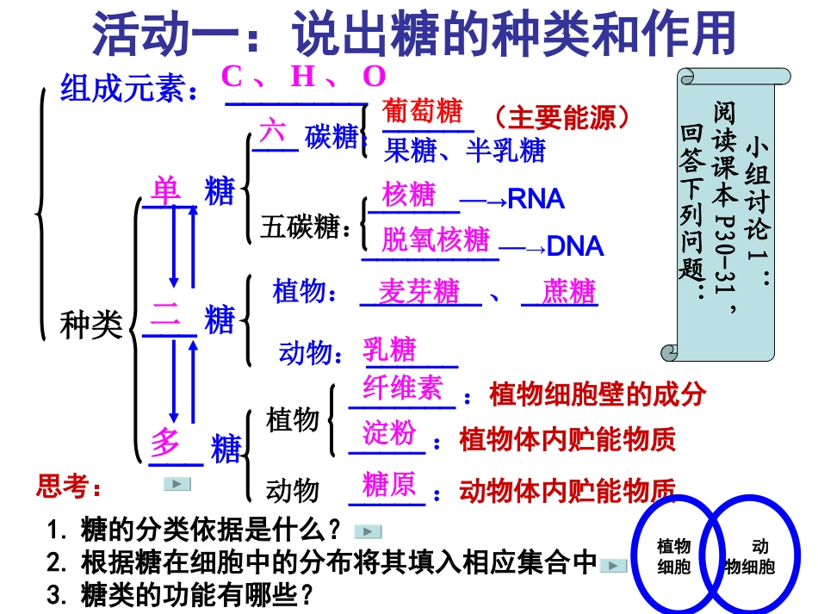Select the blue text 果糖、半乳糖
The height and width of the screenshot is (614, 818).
[465, 151]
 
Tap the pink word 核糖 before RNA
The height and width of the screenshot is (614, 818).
[409, 195]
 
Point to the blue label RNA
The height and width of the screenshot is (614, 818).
[536, 200]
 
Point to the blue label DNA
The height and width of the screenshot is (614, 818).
[575, 247]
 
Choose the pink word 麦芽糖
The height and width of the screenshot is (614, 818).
[419, 292]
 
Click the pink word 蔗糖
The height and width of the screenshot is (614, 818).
[568, 292]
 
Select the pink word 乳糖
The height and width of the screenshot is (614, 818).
[389, 350]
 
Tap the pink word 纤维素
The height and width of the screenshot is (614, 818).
[402, 388]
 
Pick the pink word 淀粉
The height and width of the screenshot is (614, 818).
[389, 433]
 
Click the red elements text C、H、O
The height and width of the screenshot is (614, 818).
[303, 78]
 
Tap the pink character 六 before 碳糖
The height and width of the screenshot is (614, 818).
[273, 132]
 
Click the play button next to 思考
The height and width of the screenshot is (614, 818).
[177, 484]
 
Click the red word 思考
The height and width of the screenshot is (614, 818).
[69, 487]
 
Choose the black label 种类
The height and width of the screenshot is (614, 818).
[90, 326]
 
